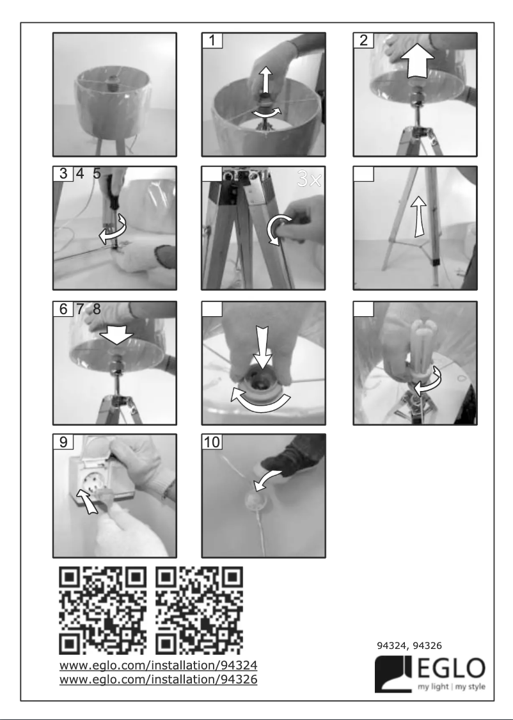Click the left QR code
103,607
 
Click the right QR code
199,607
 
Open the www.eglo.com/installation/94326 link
158,679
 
